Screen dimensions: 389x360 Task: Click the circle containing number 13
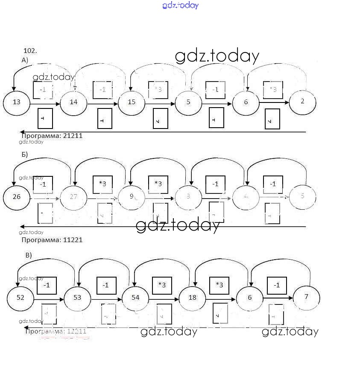click(17, 102)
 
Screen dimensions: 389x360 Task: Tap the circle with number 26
click(17, 197)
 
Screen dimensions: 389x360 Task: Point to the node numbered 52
click(20, 298)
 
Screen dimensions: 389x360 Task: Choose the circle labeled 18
click(193, 298)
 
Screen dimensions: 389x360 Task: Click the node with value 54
click(135, 298)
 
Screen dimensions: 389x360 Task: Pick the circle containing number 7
click(306, 297)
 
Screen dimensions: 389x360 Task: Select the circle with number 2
click(303, 102)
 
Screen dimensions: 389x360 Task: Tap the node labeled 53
click(78, 298)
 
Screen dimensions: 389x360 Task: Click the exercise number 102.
click(30, 51)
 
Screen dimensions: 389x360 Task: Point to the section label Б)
click(25, 155)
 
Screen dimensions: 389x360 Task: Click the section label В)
click(29, 255)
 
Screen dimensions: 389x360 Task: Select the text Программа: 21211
click(52, 136)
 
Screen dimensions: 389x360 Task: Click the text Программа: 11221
click(52, 240)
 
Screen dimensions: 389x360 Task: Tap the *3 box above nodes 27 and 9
click(103, 184)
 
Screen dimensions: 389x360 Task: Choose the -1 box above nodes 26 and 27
click(43, 184)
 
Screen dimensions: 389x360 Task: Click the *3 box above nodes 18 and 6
click(219, 285)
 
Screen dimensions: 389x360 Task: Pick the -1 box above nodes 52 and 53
click(47, 285)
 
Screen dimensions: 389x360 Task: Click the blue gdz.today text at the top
click(180, 6)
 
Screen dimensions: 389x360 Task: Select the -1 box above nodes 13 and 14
click(43, 90)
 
